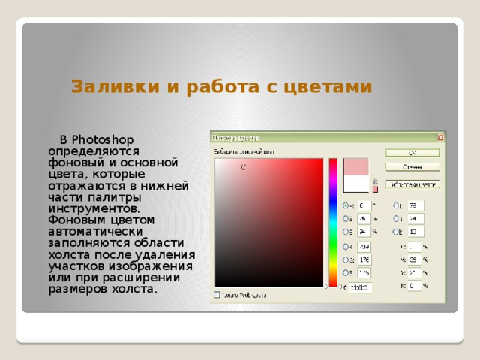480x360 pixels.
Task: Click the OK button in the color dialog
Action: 412,152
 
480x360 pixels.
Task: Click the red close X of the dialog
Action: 441,137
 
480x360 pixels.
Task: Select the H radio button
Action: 346,205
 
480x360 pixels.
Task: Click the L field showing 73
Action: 415,205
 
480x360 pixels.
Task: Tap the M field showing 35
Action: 415,259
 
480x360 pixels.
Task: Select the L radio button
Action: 396,205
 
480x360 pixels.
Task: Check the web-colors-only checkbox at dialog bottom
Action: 217,295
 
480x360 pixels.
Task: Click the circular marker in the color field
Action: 243,167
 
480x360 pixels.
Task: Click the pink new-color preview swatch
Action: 355,166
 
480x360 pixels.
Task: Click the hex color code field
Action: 360,287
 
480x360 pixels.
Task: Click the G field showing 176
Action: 364,259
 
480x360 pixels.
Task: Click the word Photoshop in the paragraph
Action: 104,139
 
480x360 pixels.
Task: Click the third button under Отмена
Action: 412,184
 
